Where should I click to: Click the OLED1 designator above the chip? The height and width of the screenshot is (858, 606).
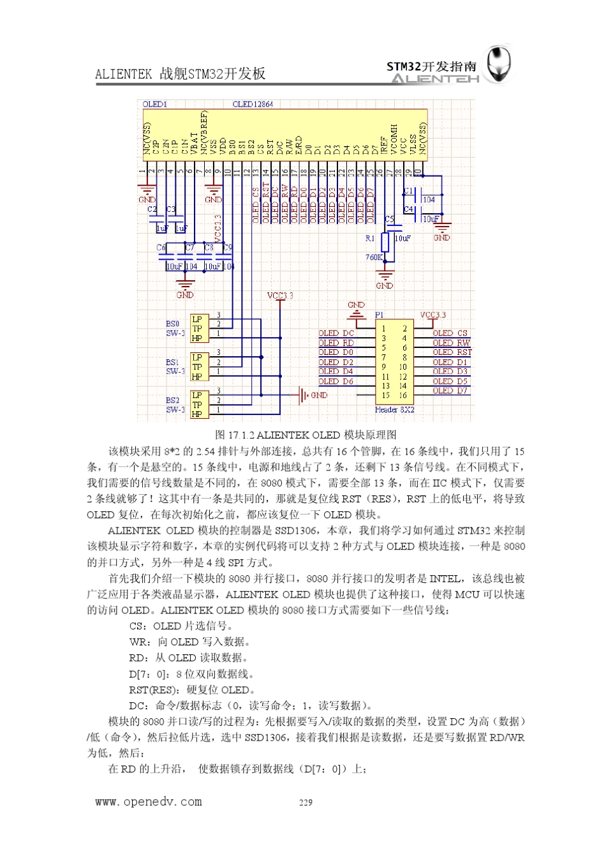click(x=154, y=104)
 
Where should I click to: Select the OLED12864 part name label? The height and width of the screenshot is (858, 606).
click(x=253, y=104)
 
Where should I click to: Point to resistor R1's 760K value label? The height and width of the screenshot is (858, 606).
click(x=373, y=257)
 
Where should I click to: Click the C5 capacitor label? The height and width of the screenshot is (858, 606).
click(x=389, y=219)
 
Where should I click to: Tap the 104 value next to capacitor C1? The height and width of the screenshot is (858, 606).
click(x=429, y=200)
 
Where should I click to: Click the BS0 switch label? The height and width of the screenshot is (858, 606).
click(x=173, y=324)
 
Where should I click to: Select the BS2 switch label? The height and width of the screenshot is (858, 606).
click(x=173, y=400)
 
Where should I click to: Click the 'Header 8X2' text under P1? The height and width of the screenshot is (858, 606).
click(x=394, y=410)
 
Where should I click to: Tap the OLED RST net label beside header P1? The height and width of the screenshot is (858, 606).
click(x=452, y=352)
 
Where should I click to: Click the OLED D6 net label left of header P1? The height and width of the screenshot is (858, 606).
click(x=336, y=381)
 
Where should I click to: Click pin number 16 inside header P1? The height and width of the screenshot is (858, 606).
click(x=403, y=396)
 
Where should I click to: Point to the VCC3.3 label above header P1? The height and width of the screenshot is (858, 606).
click(x=433, y=315)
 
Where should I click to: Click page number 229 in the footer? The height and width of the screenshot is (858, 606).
click(x=306, y=802)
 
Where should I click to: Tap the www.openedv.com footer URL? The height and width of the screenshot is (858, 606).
click(x=148, y=802)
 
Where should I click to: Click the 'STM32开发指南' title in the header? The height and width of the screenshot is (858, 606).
click(x=432, y=66)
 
